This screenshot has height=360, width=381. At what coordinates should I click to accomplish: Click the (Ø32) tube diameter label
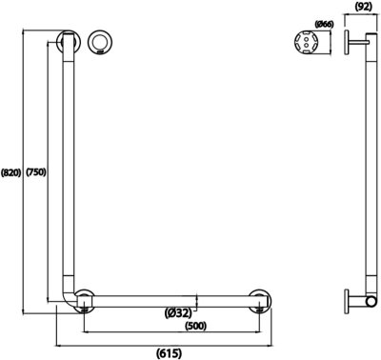(178, 311)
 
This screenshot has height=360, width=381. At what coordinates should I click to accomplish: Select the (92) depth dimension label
(363, 7)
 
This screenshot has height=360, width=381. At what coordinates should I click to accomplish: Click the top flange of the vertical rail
(68, 42)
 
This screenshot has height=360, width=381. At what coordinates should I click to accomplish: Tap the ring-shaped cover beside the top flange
(99, 42)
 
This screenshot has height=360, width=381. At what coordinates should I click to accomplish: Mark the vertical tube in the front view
(68, 171)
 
